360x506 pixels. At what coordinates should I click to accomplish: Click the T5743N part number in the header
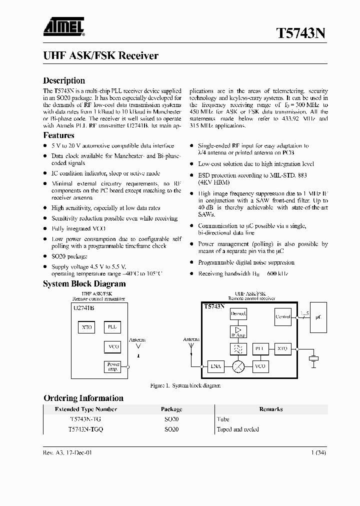(x=301, y=33)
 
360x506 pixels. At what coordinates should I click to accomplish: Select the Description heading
(x=64, y=80)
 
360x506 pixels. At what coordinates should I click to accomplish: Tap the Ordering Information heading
(x=83, y=398)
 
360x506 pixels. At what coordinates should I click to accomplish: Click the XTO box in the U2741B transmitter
(x=87, y=328)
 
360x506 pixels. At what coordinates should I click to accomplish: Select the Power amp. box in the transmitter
(x=112, y=366)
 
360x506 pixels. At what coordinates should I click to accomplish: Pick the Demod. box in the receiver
(x=238, y=314)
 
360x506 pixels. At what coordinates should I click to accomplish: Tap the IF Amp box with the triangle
(x=238, y=331)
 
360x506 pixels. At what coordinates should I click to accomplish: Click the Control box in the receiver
(x=283, y=316)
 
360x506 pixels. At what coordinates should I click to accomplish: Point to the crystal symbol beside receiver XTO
(x=313, y=358)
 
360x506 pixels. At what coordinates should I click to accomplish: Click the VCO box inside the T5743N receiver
(x=260, y=366)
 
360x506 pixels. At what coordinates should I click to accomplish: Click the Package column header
(x=171, y=409)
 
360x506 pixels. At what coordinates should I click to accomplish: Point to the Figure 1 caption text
(x=185, y=386)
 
